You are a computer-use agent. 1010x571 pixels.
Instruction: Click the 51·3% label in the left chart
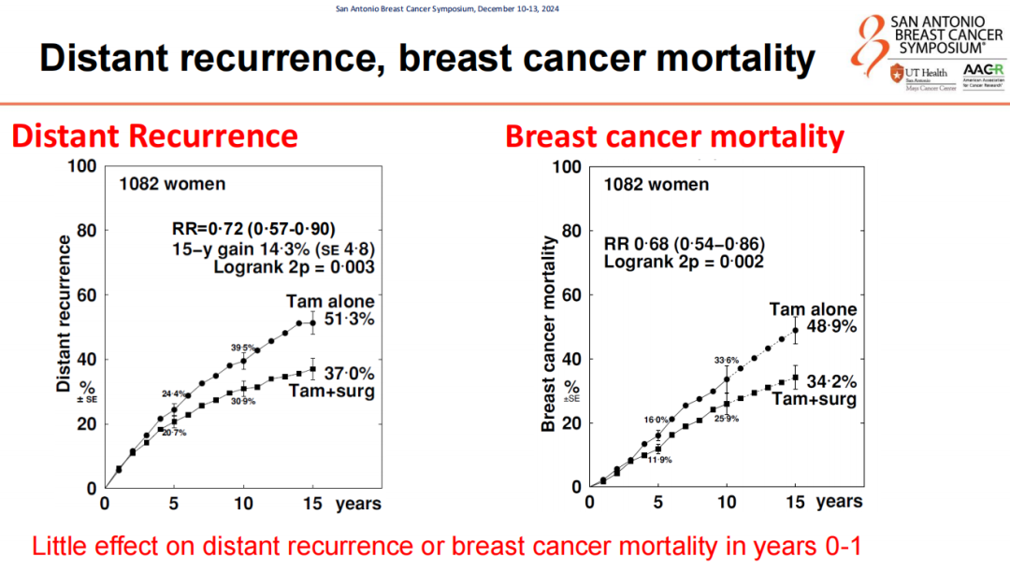coord(350,319)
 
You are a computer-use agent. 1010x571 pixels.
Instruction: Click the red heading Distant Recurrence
coord(154,136)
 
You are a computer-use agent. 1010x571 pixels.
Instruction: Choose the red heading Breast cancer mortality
coord(674,136)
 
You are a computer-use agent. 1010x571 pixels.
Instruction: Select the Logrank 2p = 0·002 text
coord(684,262)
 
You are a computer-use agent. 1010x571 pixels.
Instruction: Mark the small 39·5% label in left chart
coord(243,348)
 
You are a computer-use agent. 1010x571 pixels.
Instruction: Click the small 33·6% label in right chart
coord(726,361)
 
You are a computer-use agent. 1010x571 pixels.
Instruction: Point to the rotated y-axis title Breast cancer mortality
coord(550,334)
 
